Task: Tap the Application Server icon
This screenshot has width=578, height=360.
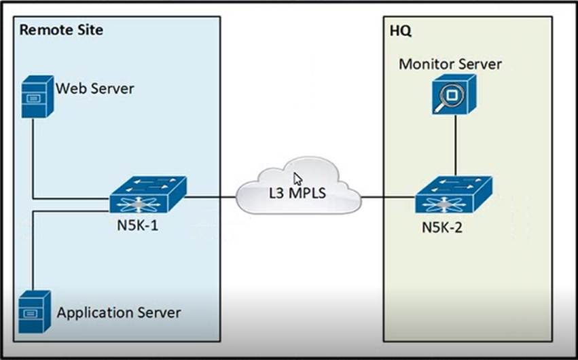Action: click(35, 312)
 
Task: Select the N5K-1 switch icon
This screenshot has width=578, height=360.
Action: click(147, 196)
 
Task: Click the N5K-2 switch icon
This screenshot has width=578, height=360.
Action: click(454, 196)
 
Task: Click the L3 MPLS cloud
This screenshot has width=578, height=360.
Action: click(299, 187)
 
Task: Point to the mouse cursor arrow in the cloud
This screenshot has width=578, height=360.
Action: click(297, 178)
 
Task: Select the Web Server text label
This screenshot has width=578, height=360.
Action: click(95, 88)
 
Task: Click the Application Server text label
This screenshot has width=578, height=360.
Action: click(119, 313)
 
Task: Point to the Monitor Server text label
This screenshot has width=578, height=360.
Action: click(450, 65)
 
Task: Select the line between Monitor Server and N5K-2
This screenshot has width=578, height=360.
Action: click(454, 146)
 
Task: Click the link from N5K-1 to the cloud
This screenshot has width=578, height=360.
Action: click(211, 198)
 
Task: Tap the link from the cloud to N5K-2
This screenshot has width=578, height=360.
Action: click(387, 198)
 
